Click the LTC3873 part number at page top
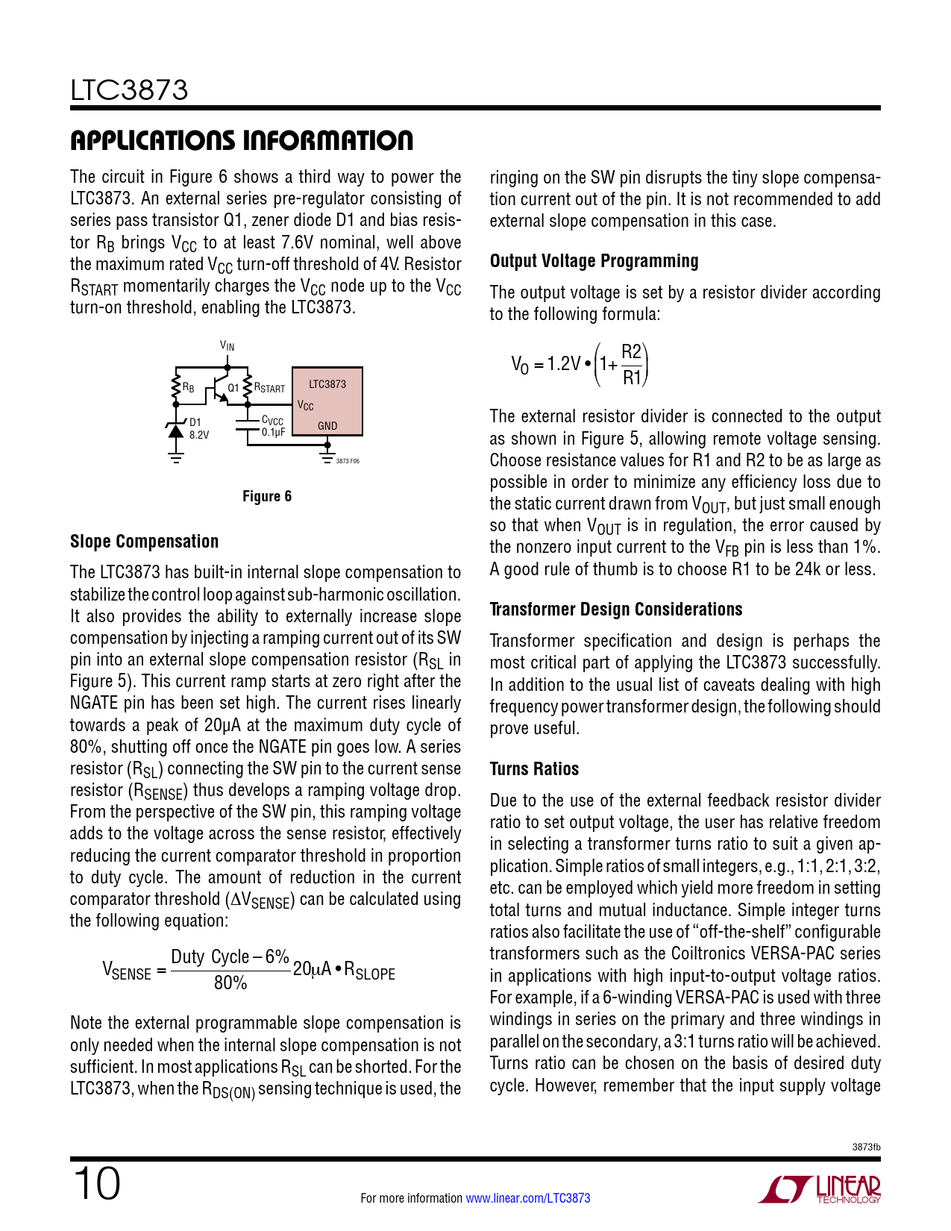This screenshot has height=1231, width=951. point(129,91)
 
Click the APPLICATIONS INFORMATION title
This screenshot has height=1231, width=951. point(241,140)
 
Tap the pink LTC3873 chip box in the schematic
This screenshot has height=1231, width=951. point(327,401)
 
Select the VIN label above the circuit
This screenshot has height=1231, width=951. point(227,346)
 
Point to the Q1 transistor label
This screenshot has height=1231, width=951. point(233,388)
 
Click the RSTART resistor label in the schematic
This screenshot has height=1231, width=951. point(269,388)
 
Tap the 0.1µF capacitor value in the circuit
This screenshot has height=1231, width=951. point(274,432)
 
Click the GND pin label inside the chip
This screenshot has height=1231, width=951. point(327,426)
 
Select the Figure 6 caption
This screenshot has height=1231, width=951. point(267,497)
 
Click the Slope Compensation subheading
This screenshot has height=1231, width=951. point(144,542)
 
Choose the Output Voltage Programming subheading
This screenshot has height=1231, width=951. point(594,261)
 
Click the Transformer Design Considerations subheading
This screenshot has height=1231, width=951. point(615,610)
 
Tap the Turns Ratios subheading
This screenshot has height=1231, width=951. point(534,769)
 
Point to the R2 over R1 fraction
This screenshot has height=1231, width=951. point(632,365)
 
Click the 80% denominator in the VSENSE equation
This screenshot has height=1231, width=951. point(230,983)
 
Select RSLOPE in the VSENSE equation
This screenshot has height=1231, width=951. point(369,971)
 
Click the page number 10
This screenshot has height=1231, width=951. point(96,1184)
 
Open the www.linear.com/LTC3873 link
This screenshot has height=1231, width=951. point(528,1198)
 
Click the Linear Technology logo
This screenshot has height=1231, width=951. point(820,1190)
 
